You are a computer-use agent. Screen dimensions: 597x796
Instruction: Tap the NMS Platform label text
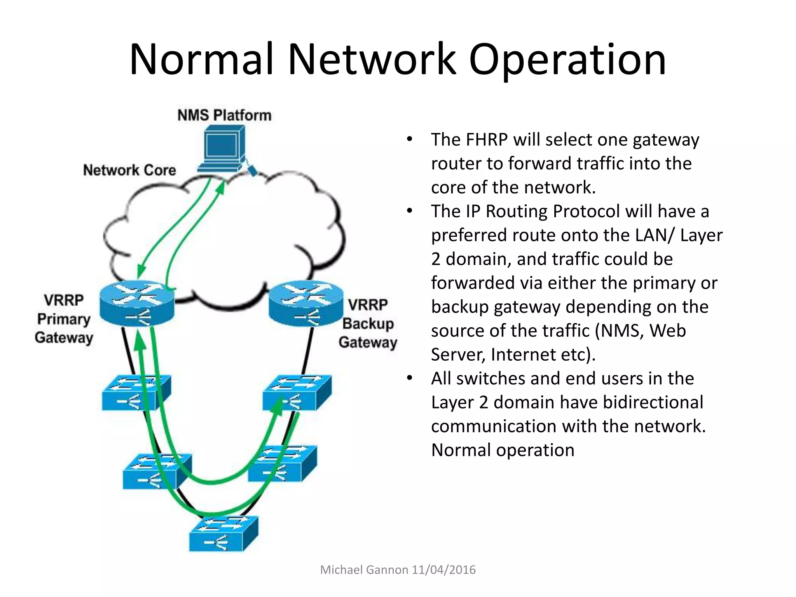tap(224, 115)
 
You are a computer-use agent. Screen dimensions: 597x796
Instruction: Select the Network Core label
tap(129, 170)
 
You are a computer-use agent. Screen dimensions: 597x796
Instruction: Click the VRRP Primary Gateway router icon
tap(137, 303)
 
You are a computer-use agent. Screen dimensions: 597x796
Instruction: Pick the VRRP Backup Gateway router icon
tap(306, 303)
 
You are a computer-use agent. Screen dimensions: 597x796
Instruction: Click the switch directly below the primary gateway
tap(136, 393)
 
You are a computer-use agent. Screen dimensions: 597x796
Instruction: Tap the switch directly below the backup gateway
tap(297, 393)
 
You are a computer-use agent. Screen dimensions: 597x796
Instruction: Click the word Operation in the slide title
tap(567, 60)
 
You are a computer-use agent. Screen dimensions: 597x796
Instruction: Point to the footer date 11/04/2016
tap(443, 570)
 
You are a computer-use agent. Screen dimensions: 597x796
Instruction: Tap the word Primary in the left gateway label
tap(64, 319)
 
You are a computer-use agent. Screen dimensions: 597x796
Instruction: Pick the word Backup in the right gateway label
tap(368, 323)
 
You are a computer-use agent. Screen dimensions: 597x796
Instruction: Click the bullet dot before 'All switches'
tap(409, 378)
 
